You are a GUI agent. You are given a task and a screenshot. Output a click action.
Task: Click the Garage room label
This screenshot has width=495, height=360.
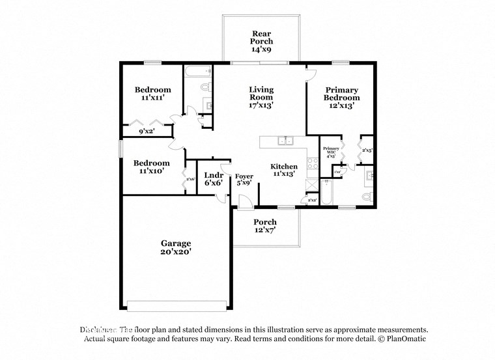pos(176,247)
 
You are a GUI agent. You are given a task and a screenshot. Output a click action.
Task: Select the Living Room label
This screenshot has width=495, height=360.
pos(261,96)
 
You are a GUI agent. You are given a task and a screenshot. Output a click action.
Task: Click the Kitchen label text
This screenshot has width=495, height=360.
pos(284,170)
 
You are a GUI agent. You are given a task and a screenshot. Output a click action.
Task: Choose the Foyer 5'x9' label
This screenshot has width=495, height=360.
pos(244,180)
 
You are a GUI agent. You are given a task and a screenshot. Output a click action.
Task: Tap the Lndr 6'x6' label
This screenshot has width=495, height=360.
pos(214,179)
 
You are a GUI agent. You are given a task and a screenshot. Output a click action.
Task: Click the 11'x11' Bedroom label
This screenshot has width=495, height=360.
pos(153,93)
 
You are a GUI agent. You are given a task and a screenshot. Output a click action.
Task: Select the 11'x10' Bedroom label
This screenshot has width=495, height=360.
pos(152,167)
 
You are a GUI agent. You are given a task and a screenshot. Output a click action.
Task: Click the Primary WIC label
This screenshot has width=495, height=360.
pos(330,152)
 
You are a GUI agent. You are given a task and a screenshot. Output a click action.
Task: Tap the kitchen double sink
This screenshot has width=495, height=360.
pos(285,140)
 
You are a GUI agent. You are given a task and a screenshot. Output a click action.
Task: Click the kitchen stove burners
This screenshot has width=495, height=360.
pos(312,162)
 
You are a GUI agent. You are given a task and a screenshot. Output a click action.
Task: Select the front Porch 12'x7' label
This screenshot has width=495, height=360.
pos(265,226)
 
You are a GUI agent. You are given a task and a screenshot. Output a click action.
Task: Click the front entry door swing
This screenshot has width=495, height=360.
pos(245,201)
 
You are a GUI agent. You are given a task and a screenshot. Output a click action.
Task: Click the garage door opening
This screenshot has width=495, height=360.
pos(177,305)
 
